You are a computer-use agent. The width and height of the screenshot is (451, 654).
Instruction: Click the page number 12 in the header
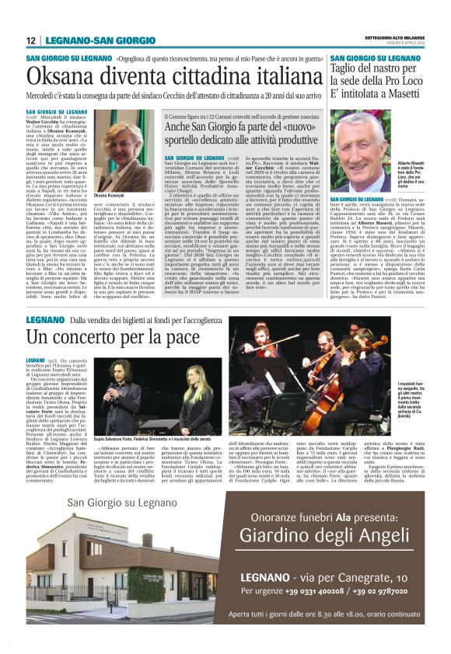[x=31, y=41]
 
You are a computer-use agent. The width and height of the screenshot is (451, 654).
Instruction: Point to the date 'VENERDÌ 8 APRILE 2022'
[x=400, y=44]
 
